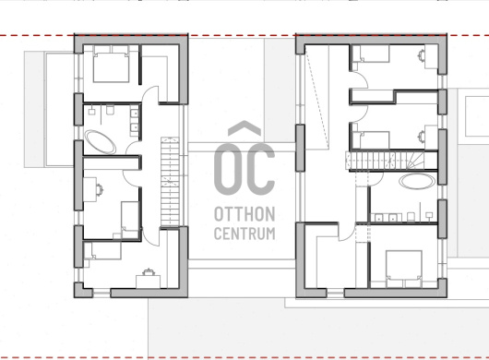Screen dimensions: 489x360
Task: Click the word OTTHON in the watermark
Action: point(244,214)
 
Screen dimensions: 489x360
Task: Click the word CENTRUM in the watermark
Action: point(244,233)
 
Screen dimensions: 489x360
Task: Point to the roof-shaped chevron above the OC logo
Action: point(244,128)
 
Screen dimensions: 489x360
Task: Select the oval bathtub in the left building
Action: point(101,142)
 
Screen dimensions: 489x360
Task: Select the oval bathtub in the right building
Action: point(418,181)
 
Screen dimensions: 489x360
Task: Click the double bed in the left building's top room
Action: point(112,65)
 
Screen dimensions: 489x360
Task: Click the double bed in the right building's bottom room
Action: point(404,269)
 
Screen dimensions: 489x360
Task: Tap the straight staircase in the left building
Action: point(170,182)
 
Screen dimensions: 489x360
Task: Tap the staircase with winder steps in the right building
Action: point(391,161)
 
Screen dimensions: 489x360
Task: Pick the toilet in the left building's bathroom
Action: point(110,110)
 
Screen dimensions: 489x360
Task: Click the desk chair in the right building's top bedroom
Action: point(422,54)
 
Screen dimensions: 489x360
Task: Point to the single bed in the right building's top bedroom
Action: point(371,54)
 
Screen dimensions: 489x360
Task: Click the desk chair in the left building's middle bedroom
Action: point(100,189)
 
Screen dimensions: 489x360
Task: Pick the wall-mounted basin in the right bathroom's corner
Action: point(429,215)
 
